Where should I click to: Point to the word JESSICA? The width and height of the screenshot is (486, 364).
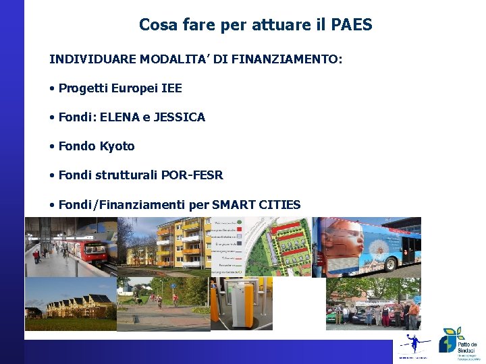tap(180, 117)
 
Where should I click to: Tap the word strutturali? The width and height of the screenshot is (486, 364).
tap(129, 175)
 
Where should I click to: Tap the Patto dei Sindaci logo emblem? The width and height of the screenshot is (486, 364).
tap(448, 340)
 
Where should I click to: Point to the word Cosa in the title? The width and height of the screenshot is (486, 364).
tap(153, 25)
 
